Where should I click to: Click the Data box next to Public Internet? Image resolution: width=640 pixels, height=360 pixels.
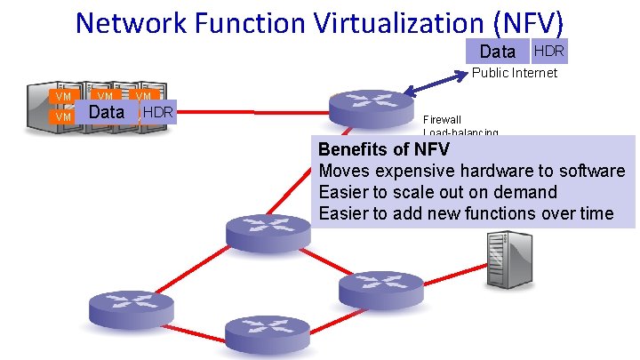pos(497,52)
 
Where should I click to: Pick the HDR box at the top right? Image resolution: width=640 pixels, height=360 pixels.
pos(548,51)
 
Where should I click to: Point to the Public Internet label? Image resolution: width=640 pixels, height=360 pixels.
pos(515,73)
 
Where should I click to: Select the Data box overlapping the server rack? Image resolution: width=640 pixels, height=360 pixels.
pos(107,112)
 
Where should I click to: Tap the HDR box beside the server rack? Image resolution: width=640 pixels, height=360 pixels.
pos(158,112)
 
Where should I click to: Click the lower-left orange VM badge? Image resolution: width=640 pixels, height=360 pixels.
pos(62,117)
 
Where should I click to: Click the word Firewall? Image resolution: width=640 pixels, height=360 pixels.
pos(442,119)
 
